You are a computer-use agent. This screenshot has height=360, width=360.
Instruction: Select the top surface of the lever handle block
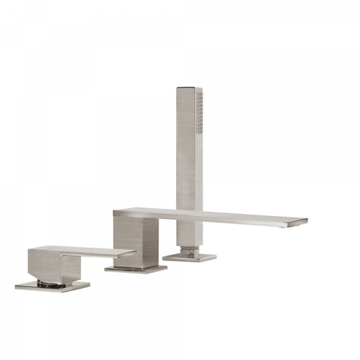click(49, 248)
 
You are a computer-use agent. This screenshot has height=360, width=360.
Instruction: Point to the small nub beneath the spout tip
click(283, 226)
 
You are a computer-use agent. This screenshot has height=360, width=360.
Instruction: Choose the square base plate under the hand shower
click(189, 258)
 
